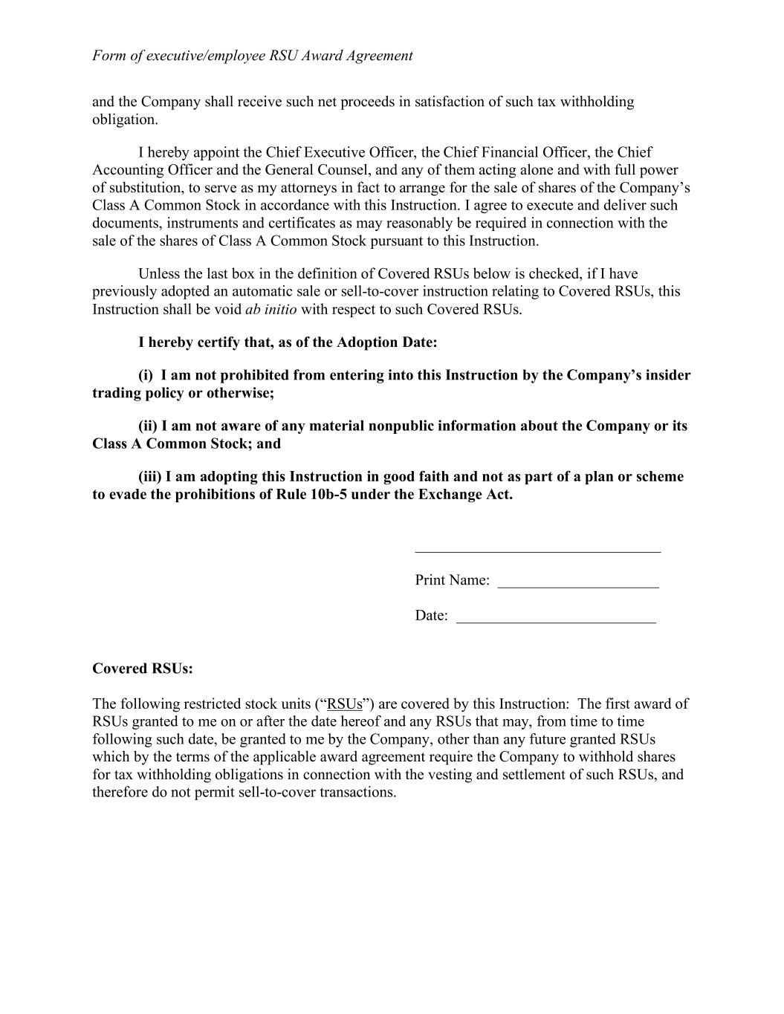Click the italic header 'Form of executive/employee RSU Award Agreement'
tap(252, 56)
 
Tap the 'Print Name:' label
tap(452, 580)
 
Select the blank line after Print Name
tap(578, 586)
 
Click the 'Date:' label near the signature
tap(431, 616)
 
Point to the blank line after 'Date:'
tap(556, 622)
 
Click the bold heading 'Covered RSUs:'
tap(142, 669)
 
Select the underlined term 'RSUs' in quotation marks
tap(344, 704)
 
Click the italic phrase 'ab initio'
tap(270, 310)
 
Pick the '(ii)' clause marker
tap(148, 426)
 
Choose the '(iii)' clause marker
tap(149, 477)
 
